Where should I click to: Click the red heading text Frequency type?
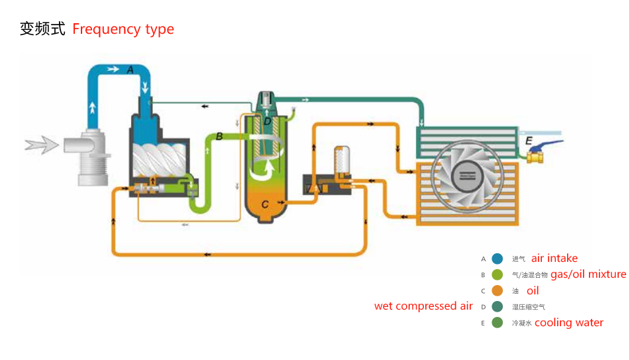[123, 29]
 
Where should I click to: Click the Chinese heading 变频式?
[42, 29]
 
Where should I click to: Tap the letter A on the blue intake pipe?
[130, 69]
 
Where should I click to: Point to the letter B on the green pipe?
[219, 137]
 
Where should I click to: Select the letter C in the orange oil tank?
[265, 204]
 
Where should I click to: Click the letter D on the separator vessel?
[267, 121]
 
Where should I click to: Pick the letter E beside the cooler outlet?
[528, 141]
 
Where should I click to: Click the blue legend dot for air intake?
[497, 259]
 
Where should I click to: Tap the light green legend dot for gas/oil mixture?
[497, 274]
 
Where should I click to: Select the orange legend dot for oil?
[497, 290]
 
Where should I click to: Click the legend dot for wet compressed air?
[497, 306]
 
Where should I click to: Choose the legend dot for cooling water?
[497, 323]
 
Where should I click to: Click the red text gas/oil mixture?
[588, 274]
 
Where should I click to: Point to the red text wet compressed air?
[423, 306]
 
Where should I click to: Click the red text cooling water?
[569, 323]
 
